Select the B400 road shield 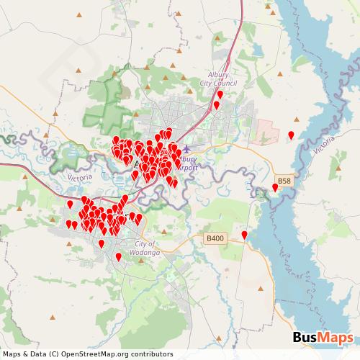click(x=215, y=238)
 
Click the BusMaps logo click(x=323, y=338)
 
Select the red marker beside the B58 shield click(x=274, y=187)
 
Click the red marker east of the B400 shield click(x=245, y=235)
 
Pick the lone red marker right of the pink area click(x=291, y=135)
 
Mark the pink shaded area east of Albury click(x=268, y=130)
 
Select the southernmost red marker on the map click(x=119, y=256)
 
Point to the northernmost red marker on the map click(x=220, y=94)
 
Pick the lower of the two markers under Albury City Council click(x=216, y=105)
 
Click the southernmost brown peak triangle click(x=52, y=317)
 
